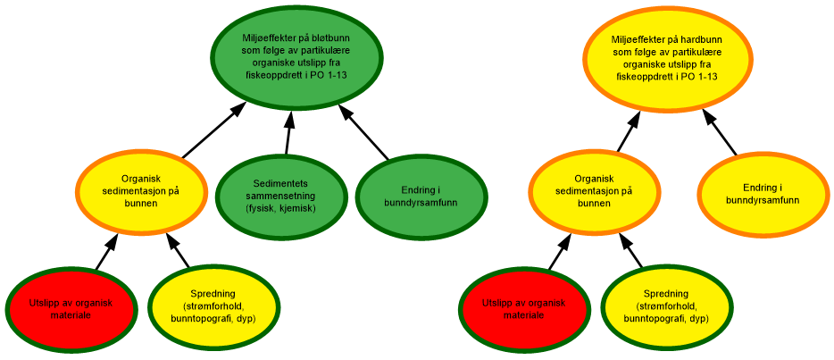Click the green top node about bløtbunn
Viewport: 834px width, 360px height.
click(296, 56)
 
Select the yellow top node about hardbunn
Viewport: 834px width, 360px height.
click(666, 59)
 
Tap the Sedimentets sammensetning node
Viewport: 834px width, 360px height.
click(280, 197)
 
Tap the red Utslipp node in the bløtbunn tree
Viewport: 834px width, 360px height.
click(70, 309)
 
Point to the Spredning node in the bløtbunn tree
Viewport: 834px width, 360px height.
click(213, 306)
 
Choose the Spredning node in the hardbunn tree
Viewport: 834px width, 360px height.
click(666, 306)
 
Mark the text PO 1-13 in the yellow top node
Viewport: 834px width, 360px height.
click(701, 77)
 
